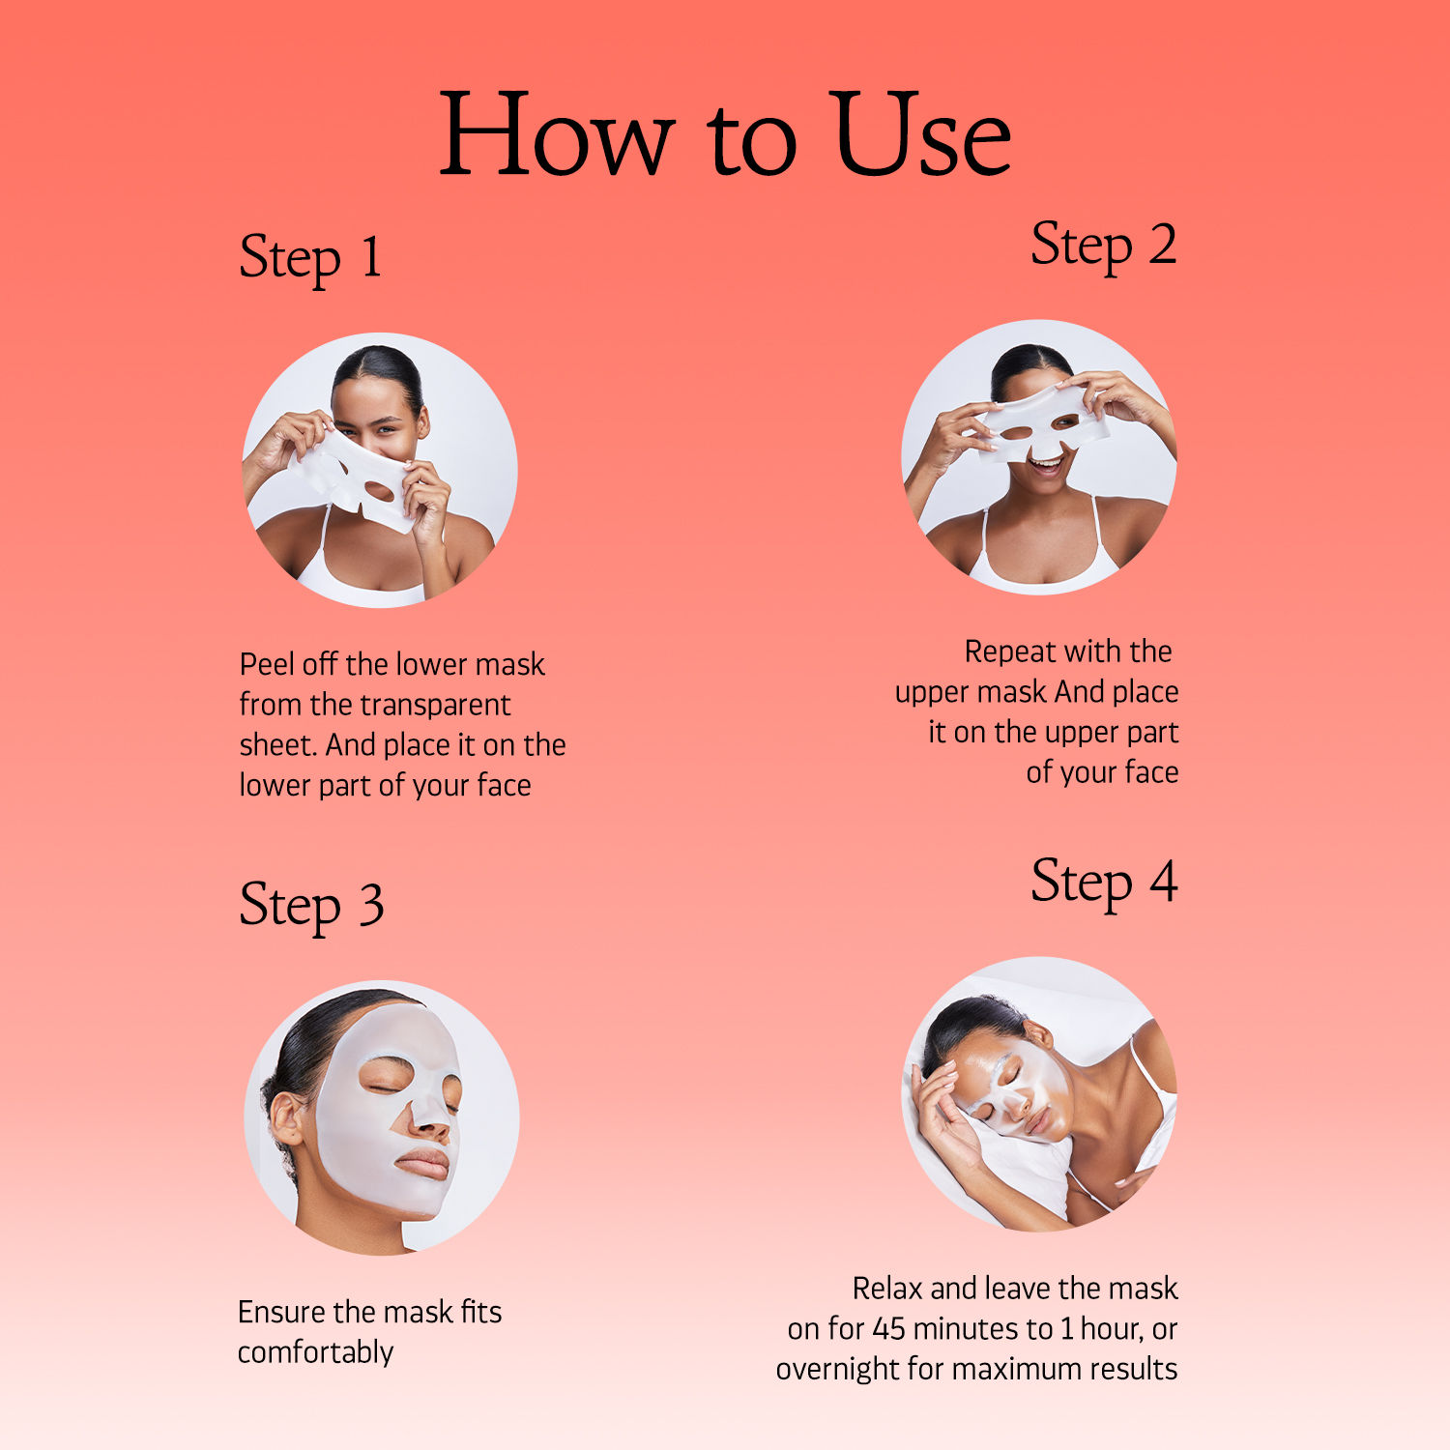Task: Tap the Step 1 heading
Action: coord(310,259)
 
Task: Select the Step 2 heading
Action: coord(1104,246)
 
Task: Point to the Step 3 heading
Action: coord(311,907)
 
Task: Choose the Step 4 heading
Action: coord(1104,883)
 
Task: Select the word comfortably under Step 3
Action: coord(315,1352)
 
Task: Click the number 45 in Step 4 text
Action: coord(889,1329)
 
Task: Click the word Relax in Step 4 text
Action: coord(887,1289)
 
